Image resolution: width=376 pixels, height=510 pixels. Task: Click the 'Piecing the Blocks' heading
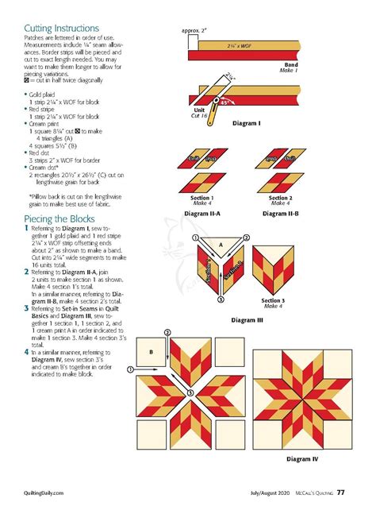pos(59,218)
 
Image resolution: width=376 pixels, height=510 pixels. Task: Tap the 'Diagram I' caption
pos(246,124)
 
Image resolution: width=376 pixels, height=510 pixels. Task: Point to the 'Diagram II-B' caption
pos(279,213)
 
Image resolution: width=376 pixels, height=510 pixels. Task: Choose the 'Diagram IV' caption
pos(302,458)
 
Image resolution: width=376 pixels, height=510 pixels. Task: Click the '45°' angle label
pos(225,102)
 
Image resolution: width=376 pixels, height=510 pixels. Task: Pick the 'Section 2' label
pos(279,197)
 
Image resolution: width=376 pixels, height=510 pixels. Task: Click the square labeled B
pos(152,350)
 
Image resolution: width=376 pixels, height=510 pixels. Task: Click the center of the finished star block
pos(302,394)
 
